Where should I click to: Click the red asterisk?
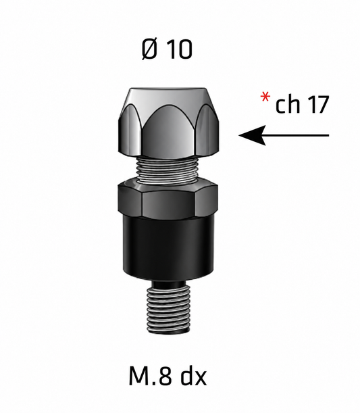click(x=265, y=97)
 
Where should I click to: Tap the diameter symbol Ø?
click(x=150, y=49)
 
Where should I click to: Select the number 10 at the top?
click(x=180, y=49)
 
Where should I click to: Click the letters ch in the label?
click(x=288, y=104)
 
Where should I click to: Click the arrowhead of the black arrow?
click(x=252, y=135)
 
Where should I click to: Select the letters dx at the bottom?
click(x=194, y=375)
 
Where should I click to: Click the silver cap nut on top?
click(x=168, y=123)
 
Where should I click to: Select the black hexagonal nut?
click(x=168, y=199)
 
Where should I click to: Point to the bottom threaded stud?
click(x=168, y=310)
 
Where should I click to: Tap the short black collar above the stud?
click(x=169, y=285)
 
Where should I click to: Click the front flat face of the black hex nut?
click(x=168, y=203)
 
